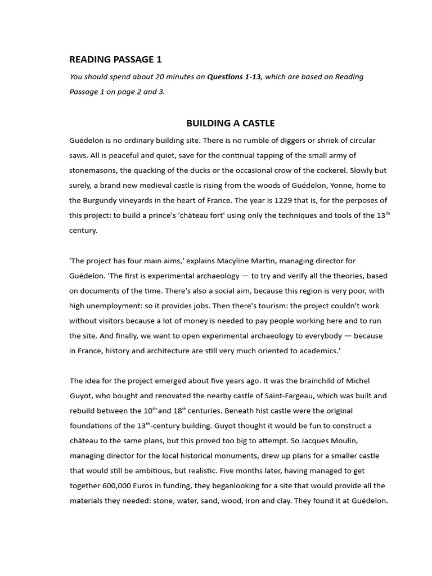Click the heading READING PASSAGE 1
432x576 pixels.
115,59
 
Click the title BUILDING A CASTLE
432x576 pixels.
230,123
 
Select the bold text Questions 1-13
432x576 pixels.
234,77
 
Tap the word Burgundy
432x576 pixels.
105,200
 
